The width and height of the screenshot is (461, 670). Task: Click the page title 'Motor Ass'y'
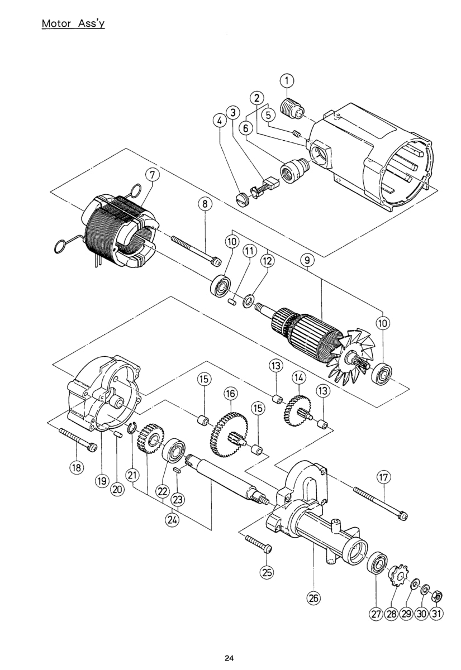[73, 23]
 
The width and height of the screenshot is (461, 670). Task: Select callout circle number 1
[287, 81]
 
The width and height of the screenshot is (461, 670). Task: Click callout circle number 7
[152, 175]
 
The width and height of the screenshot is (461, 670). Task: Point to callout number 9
[307, 260]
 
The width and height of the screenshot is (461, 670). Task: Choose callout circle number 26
[313, 598]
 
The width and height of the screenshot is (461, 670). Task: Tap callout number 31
[436, 614]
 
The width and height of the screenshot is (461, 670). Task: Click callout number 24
[172, 520]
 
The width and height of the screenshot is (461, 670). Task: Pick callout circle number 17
[383, 477]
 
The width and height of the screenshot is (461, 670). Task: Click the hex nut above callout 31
[437, 589]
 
